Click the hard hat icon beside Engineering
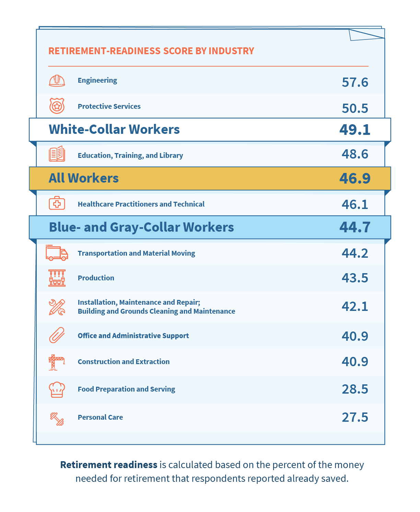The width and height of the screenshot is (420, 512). pyautogui.click(x=57, y=81)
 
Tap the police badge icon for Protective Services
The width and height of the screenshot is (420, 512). pyautogui.click(x=57, y=106)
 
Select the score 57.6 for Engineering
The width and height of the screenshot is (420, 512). pyautogui.click(x=355, y=82)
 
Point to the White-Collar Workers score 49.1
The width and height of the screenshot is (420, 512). pyautogui.click(x=355, y=130)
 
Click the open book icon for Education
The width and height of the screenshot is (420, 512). pyautogui.click(x=57, y=154)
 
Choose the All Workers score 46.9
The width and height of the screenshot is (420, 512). pyautogui.click(x=355, y=178)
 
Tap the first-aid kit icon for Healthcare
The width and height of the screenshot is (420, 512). pyautogui.click(x=57, y=203)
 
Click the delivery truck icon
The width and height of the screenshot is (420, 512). pyautogui.click(x=57, y=253)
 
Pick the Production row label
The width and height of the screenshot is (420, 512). pyautogui.click(x=96, y=278)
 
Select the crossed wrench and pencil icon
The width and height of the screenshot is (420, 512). pyautogui.click(x=57, y=307)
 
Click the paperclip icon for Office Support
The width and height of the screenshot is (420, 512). pyautogui.click(x=57, y=335)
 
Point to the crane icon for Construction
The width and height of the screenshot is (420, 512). pyautogui.click(x=57, y=362)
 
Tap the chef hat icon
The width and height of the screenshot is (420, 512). pyautogui.click(x=57, y=389)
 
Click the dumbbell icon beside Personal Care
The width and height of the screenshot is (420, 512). pyautogui.click(x=57, y=419)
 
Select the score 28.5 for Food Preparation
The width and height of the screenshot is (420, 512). pyautogui.click(x=355, y=389)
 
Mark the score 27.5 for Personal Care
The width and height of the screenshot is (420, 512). pyautogui.click(x=355, y=417)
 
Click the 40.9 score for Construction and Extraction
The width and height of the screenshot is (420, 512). pyautogui.click(x=355, y=361)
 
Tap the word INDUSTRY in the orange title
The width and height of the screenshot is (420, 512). pyautogui.click(x=231, y=51)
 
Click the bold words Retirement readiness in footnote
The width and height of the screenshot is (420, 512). pyautogui.click(x=109, y=465)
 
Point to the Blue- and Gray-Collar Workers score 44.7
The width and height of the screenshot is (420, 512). pyautogui.click(x=355, y=227)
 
